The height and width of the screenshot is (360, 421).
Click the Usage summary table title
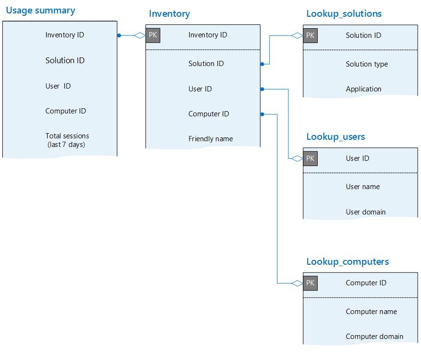41,11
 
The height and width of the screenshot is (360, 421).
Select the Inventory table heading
169,14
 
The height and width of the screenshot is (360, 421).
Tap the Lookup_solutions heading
344,13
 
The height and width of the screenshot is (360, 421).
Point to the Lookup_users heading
335,137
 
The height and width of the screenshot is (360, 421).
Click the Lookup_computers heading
347,262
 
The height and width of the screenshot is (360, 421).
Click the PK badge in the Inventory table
153,35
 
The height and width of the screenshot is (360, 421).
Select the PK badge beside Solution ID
310,35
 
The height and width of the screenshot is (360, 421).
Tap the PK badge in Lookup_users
310,158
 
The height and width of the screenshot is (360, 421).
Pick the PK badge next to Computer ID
310,283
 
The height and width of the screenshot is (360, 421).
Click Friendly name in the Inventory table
210,139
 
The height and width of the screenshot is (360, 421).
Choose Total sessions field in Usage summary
67,140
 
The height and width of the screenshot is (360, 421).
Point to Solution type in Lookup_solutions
366,64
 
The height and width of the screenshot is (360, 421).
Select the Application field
364,89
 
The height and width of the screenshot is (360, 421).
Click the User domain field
366,212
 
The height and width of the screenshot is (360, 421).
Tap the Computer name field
371,312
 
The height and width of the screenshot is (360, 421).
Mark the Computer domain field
374,337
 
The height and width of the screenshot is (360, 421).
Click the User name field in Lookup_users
363,187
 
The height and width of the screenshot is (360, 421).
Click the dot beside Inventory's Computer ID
262,114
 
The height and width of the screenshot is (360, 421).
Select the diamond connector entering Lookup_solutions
297,35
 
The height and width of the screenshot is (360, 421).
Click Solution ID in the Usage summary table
65,60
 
